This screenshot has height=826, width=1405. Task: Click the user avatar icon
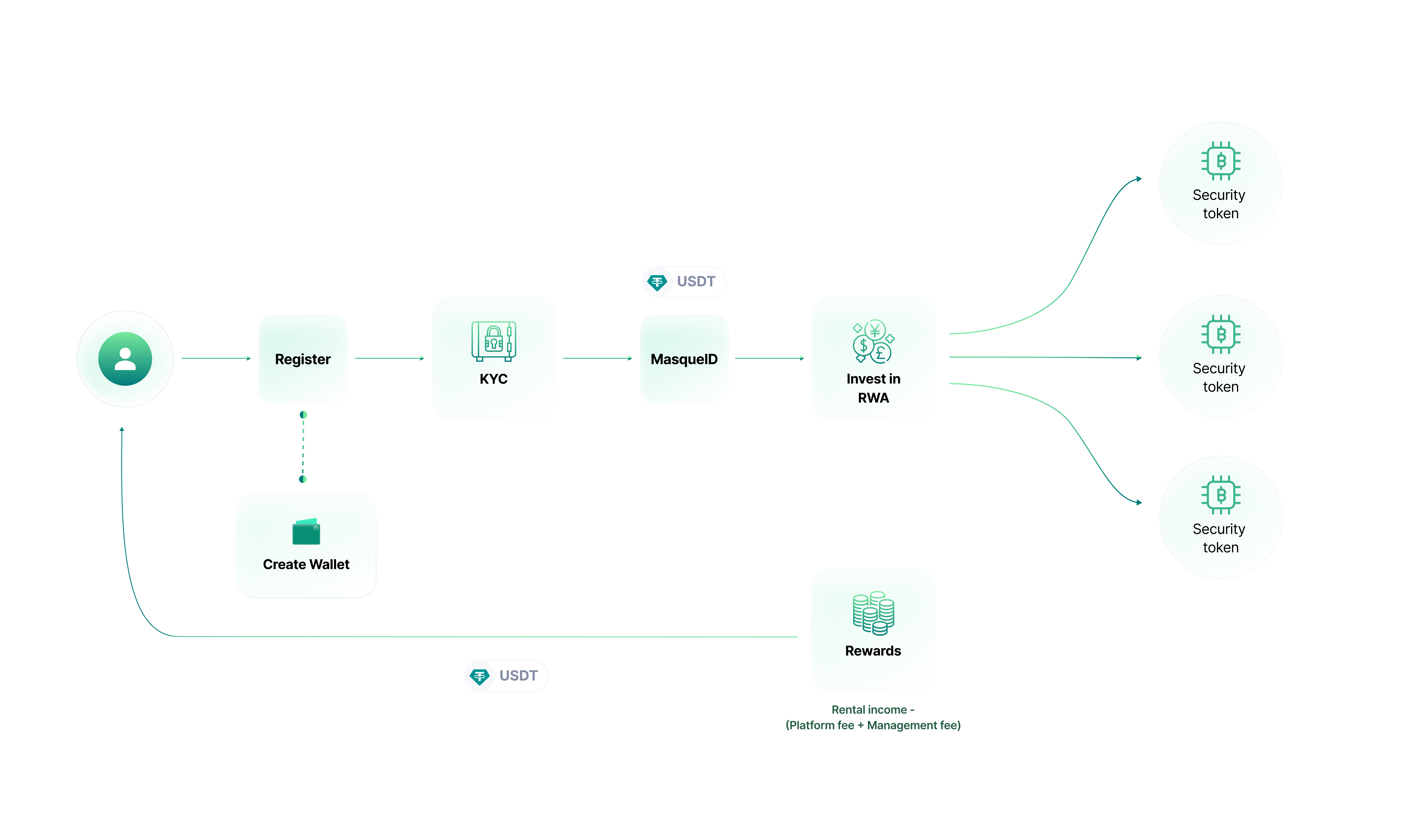coord(125,359)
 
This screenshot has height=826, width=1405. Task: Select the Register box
coord(303,359)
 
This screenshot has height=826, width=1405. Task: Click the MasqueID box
coord(684,359)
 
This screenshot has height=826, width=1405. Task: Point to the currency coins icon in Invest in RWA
coord(872,341)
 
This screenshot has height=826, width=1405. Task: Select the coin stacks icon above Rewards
coord(873,613)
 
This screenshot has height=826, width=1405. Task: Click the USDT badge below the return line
coord(506,676)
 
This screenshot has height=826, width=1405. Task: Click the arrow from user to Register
coord(216,358)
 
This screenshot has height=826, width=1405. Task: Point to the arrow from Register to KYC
coord(389,358)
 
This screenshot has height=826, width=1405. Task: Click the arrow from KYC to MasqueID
coord(597,358)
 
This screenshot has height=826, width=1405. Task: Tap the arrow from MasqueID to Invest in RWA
coord(769,358)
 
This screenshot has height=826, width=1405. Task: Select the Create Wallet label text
coord(306,564)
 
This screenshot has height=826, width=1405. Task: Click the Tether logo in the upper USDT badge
coord(657,282)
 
